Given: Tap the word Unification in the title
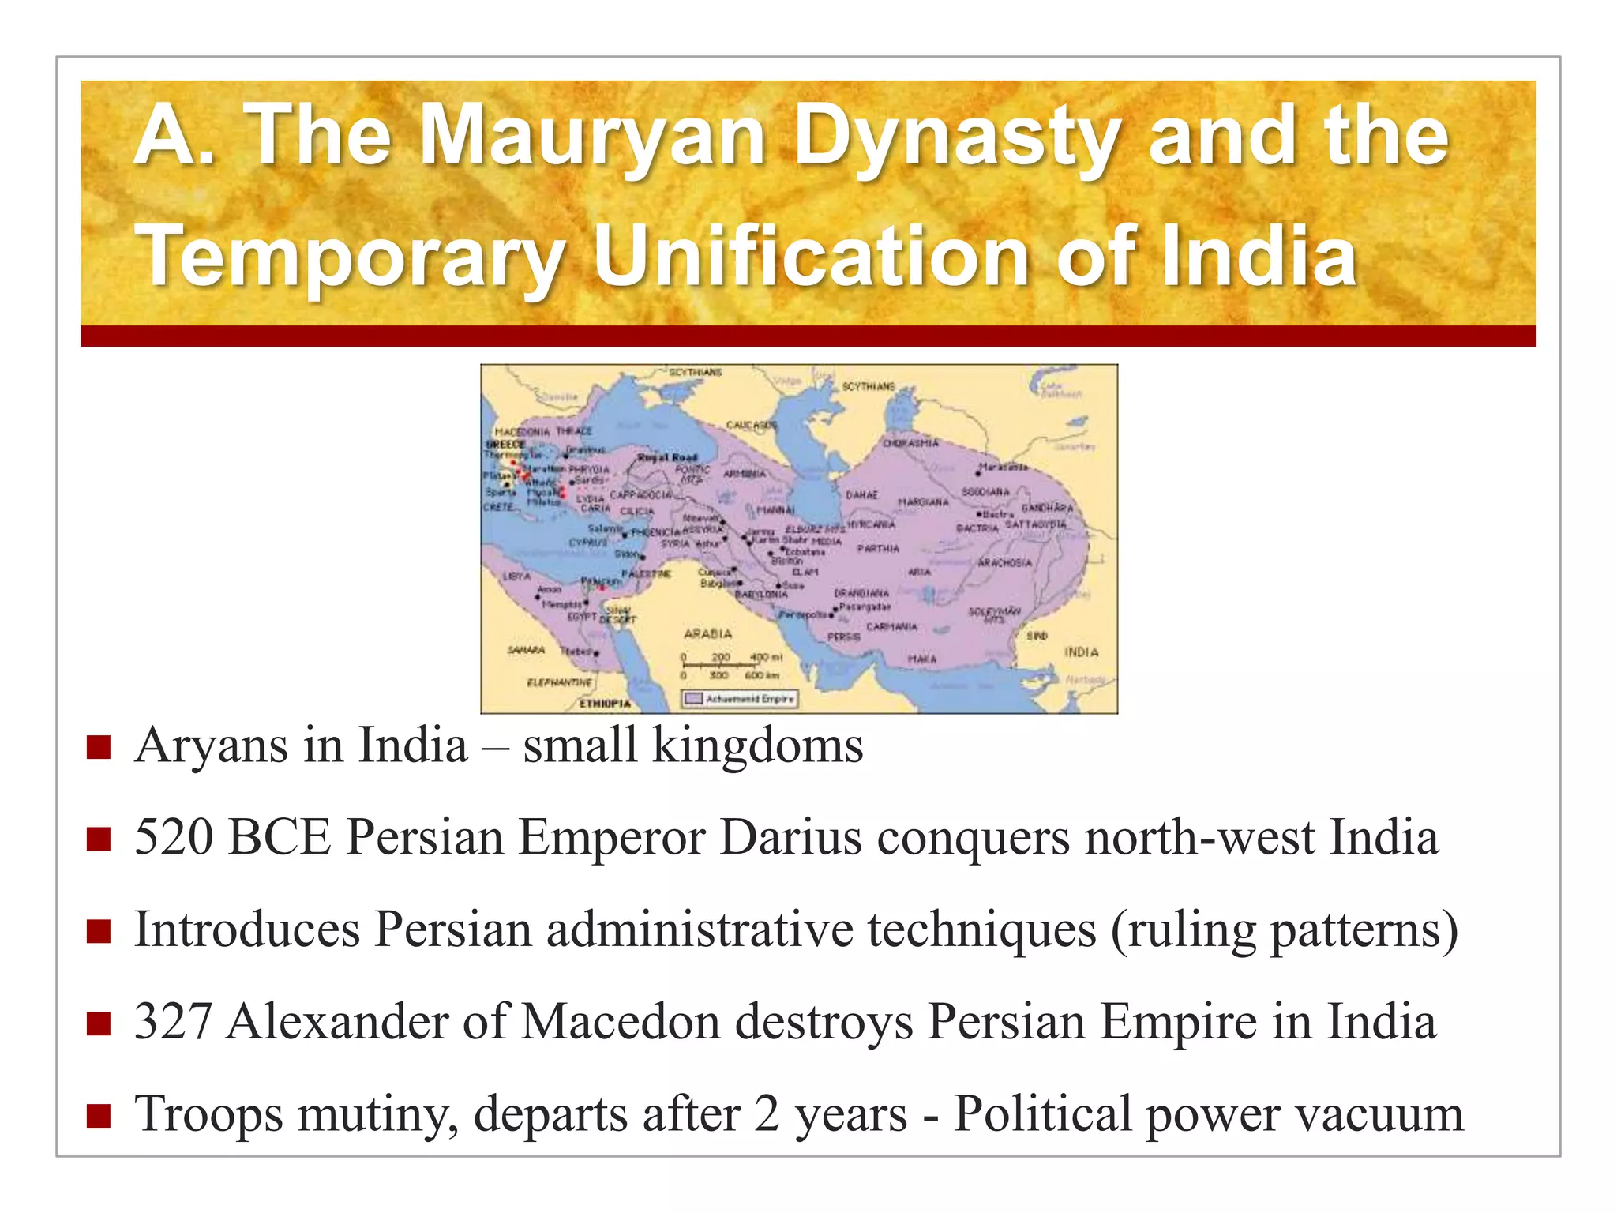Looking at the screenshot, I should tap(812, 256).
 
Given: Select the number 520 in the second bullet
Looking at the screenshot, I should tap(174, 837).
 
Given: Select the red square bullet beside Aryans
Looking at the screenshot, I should tap(99, 747).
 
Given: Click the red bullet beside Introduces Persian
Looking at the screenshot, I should tap(99, 932).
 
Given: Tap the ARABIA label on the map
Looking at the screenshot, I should tap(707, 633).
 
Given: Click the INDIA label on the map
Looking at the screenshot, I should tap(1081, 652).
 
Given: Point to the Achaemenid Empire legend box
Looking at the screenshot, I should tap(741, 699).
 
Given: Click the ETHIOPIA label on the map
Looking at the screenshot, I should tap(606, 704).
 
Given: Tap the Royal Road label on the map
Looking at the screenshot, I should tap(667, 457).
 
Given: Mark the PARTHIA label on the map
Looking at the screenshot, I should tap(878, 548).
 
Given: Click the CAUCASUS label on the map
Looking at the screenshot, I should tap(751, 425).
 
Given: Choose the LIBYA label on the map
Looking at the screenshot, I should tap(516, 576).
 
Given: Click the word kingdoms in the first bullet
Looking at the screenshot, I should tap(757, 745).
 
